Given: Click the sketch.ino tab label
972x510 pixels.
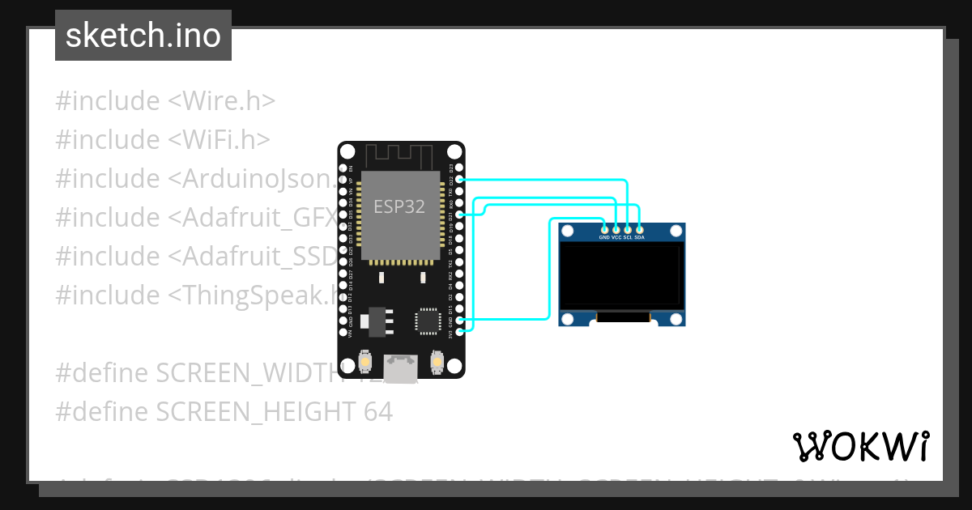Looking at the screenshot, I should click(143, 36).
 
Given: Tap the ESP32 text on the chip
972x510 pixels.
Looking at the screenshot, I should click(399, 206).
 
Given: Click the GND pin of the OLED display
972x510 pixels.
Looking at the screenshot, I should click(604, 230).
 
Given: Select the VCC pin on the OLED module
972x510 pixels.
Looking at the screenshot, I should click(616, 230).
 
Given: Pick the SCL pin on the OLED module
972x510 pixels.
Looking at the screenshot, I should click(628, 230).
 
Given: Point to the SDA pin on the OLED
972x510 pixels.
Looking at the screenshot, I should click(639, 230).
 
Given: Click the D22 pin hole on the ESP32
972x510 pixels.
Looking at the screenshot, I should click(460, 179).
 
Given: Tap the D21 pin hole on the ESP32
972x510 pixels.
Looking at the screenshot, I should click(460, 215).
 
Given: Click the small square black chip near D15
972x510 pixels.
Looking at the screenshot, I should click(427, 321).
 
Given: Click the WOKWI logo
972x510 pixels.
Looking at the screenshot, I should click(860, 445).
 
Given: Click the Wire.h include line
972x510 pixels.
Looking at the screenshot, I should click(165, 101).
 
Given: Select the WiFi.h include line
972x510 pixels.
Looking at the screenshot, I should click(162, 140).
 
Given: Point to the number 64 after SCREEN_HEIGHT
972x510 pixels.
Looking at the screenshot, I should click(377, 412).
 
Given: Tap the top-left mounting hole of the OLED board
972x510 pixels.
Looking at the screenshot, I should click(568, 233).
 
